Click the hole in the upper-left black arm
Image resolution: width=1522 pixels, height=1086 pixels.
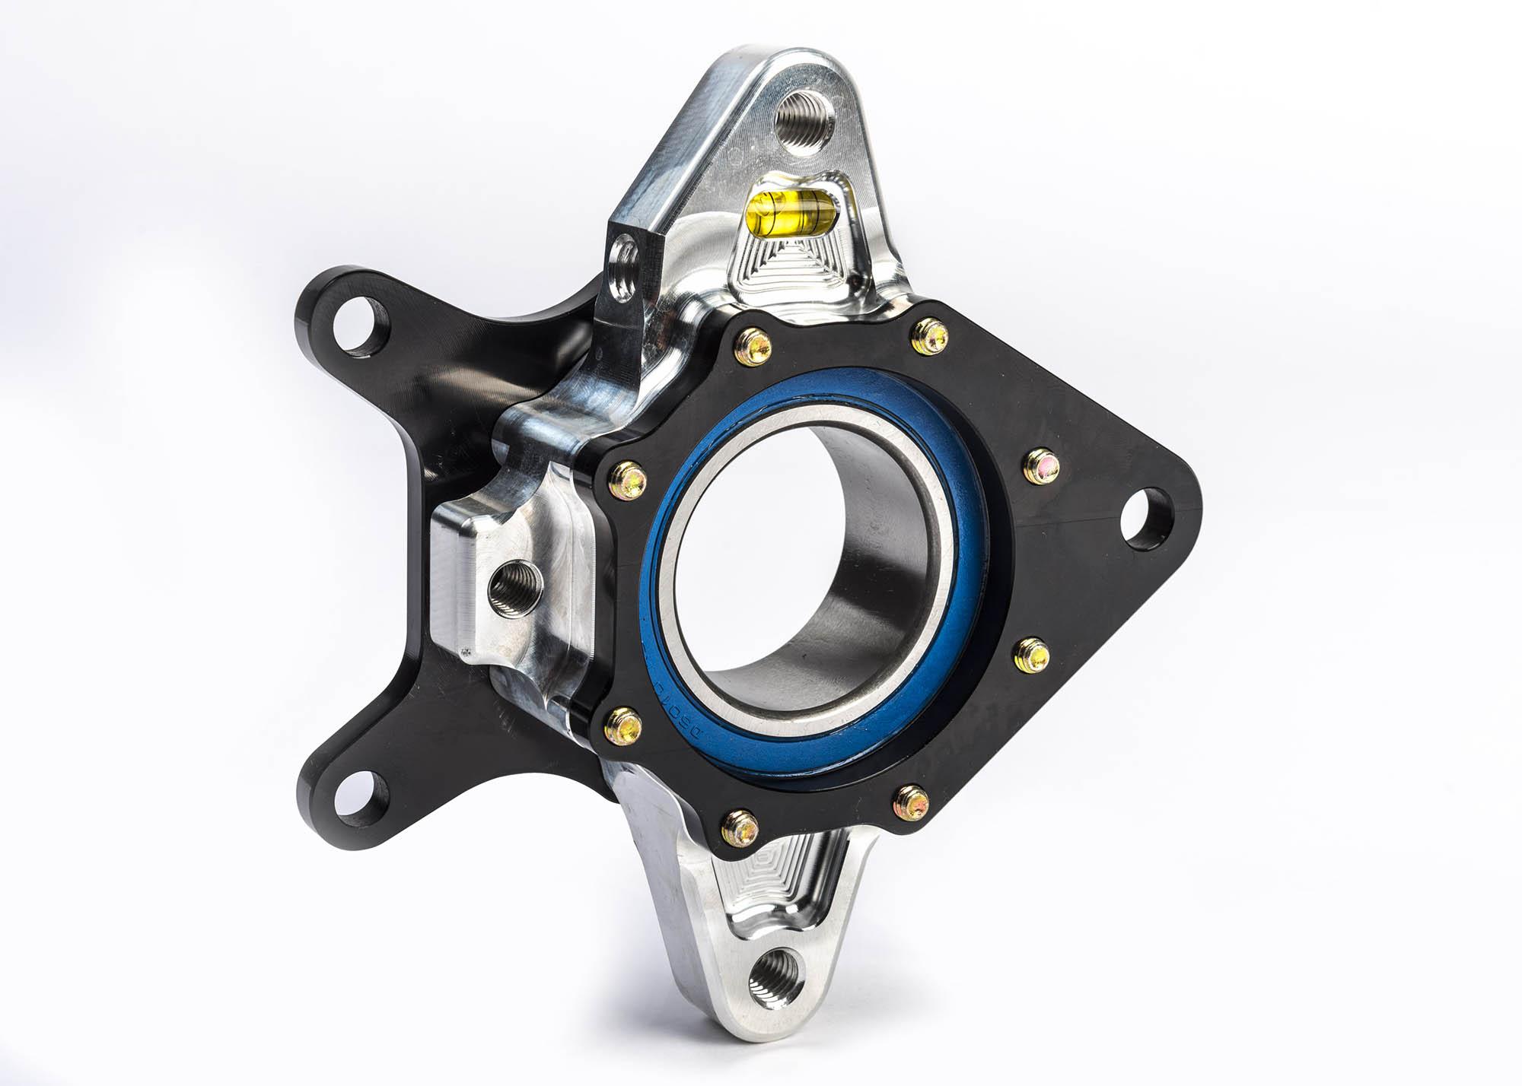pos(357,325)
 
